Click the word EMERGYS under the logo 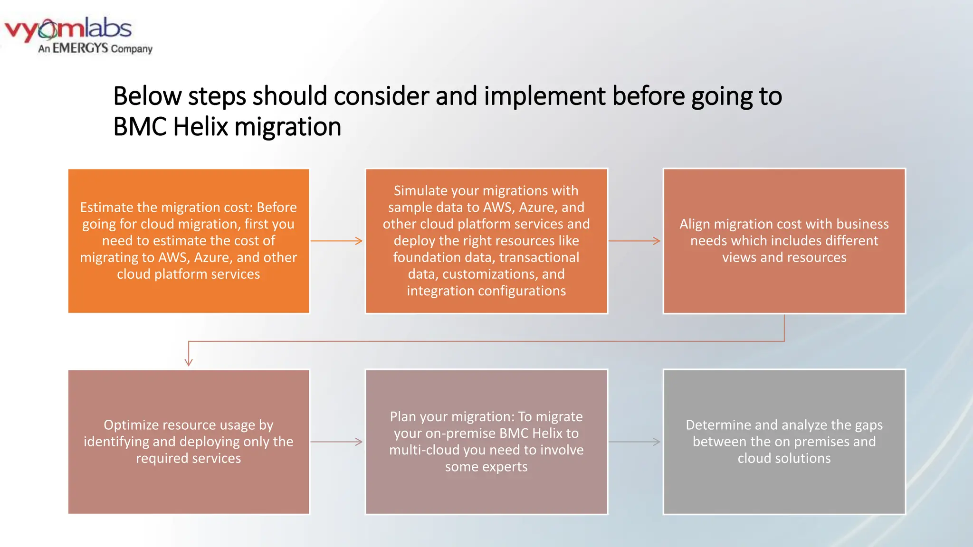coord(80,48)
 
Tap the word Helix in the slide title coord(200,127)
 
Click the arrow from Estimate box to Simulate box coord(336,241)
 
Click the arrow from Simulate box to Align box coord(634,241)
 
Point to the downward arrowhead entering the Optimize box coord(189,362)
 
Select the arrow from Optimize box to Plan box coord(336,442)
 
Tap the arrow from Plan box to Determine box coord(634,442)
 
